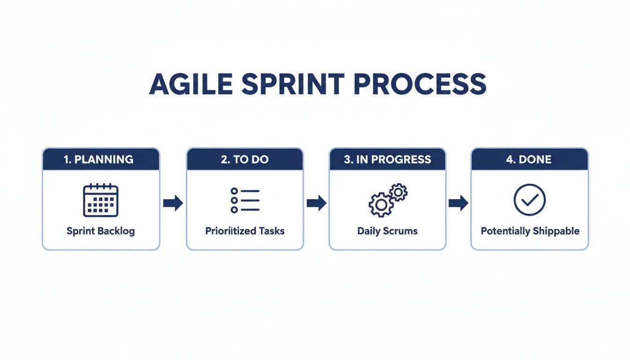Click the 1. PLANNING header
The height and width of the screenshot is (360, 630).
pyautogui.click(x=98, y=159)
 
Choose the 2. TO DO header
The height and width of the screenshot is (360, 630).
pyautogui.click(x=245, y=159)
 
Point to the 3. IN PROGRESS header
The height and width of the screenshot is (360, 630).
pyautogui.click(x=387, y=159)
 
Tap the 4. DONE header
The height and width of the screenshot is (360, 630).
pyautogui.click(x=529, y=159)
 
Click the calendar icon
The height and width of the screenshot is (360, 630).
pyautogui.click(x=101, y=201)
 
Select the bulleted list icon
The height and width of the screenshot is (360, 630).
pyautogui.click(x=245, y=201)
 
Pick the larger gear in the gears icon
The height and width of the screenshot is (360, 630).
pyautogui.click(x=380, y=205)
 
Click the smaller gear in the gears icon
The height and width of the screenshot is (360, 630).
pyautogui.click(x=398, y=192)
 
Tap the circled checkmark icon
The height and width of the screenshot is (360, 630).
pyautogui.click(x=530, y=200)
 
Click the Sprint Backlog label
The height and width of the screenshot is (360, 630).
pyautogui.click(x=100, y=231)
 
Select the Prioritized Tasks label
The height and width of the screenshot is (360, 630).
pyautogui.click(x=245, y=231)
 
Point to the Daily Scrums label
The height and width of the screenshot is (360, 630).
pyautogui.click(x=387, y=231)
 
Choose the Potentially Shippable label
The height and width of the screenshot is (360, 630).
pyautogui.click(x=530, y=231)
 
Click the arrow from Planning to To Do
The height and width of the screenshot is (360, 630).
pyautogui.click(x=173, y=203)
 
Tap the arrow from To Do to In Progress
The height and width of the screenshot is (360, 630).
pyautogui.click(x=316, y=203)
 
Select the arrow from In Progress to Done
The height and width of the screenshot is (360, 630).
pyautogui.click(x=458, y=203)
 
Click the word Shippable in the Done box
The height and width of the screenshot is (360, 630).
pyautogui.click(x=555, y=231)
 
